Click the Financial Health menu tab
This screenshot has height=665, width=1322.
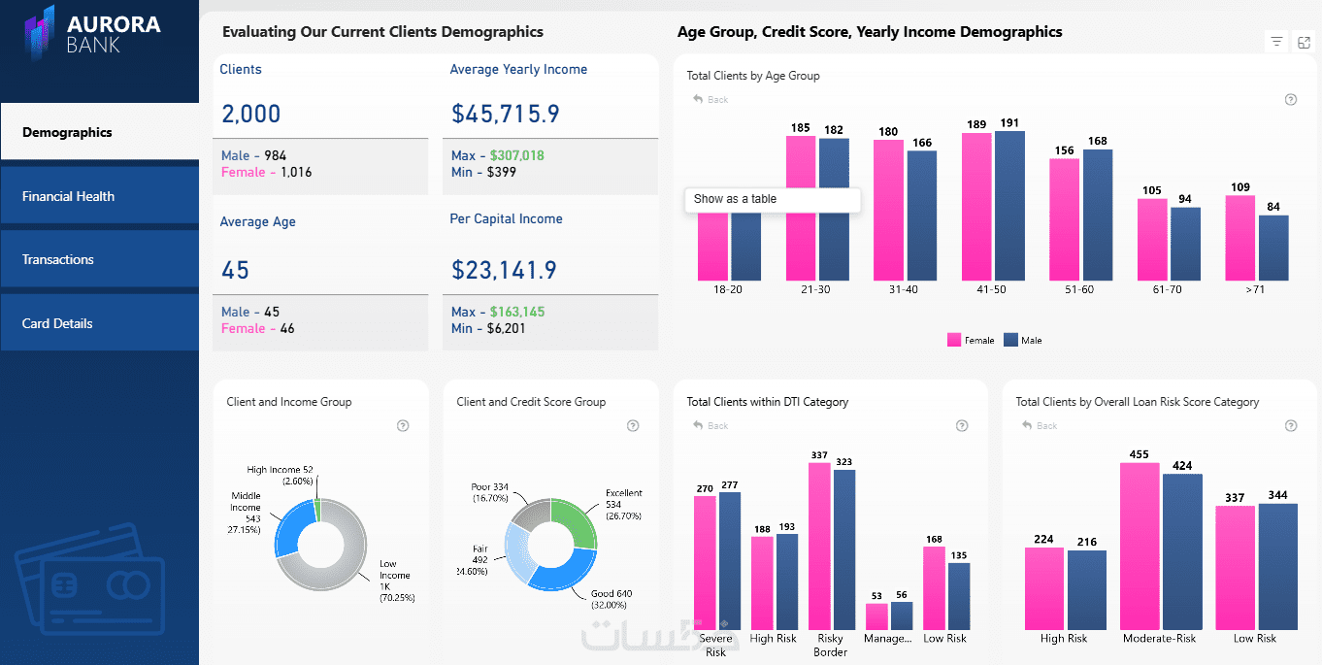pos(68,196)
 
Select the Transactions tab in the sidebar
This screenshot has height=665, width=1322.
pos(58,259)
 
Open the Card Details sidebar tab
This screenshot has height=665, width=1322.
pos(57,323)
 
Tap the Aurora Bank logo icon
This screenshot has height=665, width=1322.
pos(39,32)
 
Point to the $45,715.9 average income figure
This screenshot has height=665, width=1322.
pos(506,114)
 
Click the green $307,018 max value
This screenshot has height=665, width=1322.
pos(516,155)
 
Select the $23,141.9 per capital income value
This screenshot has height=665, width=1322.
pos(505,270)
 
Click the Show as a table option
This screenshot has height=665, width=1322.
pos(735,199)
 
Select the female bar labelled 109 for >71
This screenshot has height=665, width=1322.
pos(1239,238)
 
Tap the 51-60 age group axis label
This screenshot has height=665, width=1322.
pos(1078,289)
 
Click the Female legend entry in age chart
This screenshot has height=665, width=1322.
pos(971,341)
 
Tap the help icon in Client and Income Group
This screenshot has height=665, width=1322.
pos(403,425)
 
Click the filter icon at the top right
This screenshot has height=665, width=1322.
pos(1276,42)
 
